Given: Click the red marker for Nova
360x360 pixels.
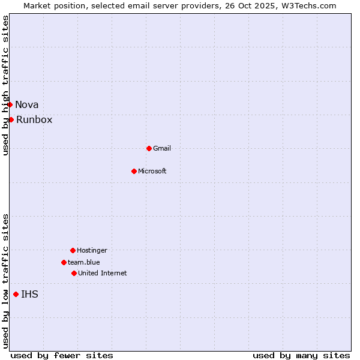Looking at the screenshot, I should [10, 105].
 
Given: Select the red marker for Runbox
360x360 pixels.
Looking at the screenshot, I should [11, 119].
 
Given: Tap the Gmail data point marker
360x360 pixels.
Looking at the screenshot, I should [149, 148].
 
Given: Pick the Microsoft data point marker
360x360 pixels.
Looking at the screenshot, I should [134, 171].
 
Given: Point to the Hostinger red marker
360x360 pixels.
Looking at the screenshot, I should [73, 250].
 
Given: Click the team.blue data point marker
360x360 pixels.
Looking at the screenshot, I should [64, 262].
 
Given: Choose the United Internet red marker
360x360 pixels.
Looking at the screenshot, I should [74, 273].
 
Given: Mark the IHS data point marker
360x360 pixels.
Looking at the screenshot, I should [16, 294].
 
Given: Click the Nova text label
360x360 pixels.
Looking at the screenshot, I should [27, 105].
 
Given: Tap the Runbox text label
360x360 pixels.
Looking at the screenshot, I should [34, 120].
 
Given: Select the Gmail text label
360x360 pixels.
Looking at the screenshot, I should [162, 148].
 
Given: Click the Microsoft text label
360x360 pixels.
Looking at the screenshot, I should [152, 171].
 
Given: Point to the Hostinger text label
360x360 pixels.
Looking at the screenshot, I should [92, 250].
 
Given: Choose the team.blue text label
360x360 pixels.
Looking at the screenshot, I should [84, 262].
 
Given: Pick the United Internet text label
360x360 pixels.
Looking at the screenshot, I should [103, 273].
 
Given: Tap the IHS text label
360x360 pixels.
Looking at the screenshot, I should [29, 294].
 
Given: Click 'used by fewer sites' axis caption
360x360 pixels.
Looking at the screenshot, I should [62, 355].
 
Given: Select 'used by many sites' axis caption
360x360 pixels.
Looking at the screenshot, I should [301, 355].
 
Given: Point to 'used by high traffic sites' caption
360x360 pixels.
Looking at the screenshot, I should [5, 85].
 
